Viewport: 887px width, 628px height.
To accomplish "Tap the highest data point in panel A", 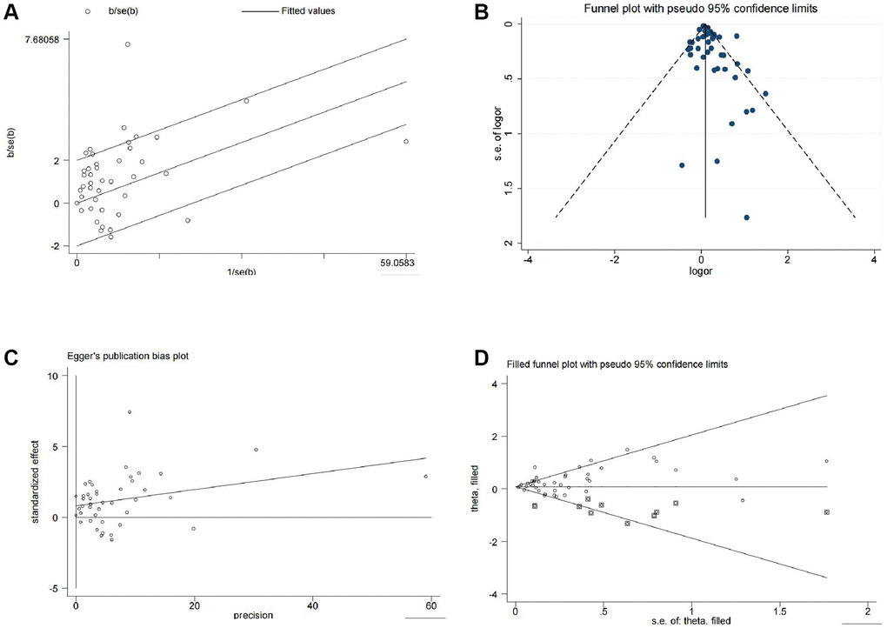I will click(127, 44).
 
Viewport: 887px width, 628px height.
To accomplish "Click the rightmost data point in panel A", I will click(406, 141).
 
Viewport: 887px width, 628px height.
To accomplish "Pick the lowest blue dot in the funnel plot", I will click(747, 217).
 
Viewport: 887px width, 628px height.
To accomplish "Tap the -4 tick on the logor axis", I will click(527, 259).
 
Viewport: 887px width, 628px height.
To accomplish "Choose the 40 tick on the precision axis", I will click(312, 605).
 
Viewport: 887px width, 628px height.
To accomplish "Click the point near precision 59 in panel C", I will click(425, 477).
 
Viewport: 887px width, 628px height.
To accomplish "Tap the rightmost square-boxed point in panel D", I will click(826, 512).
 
